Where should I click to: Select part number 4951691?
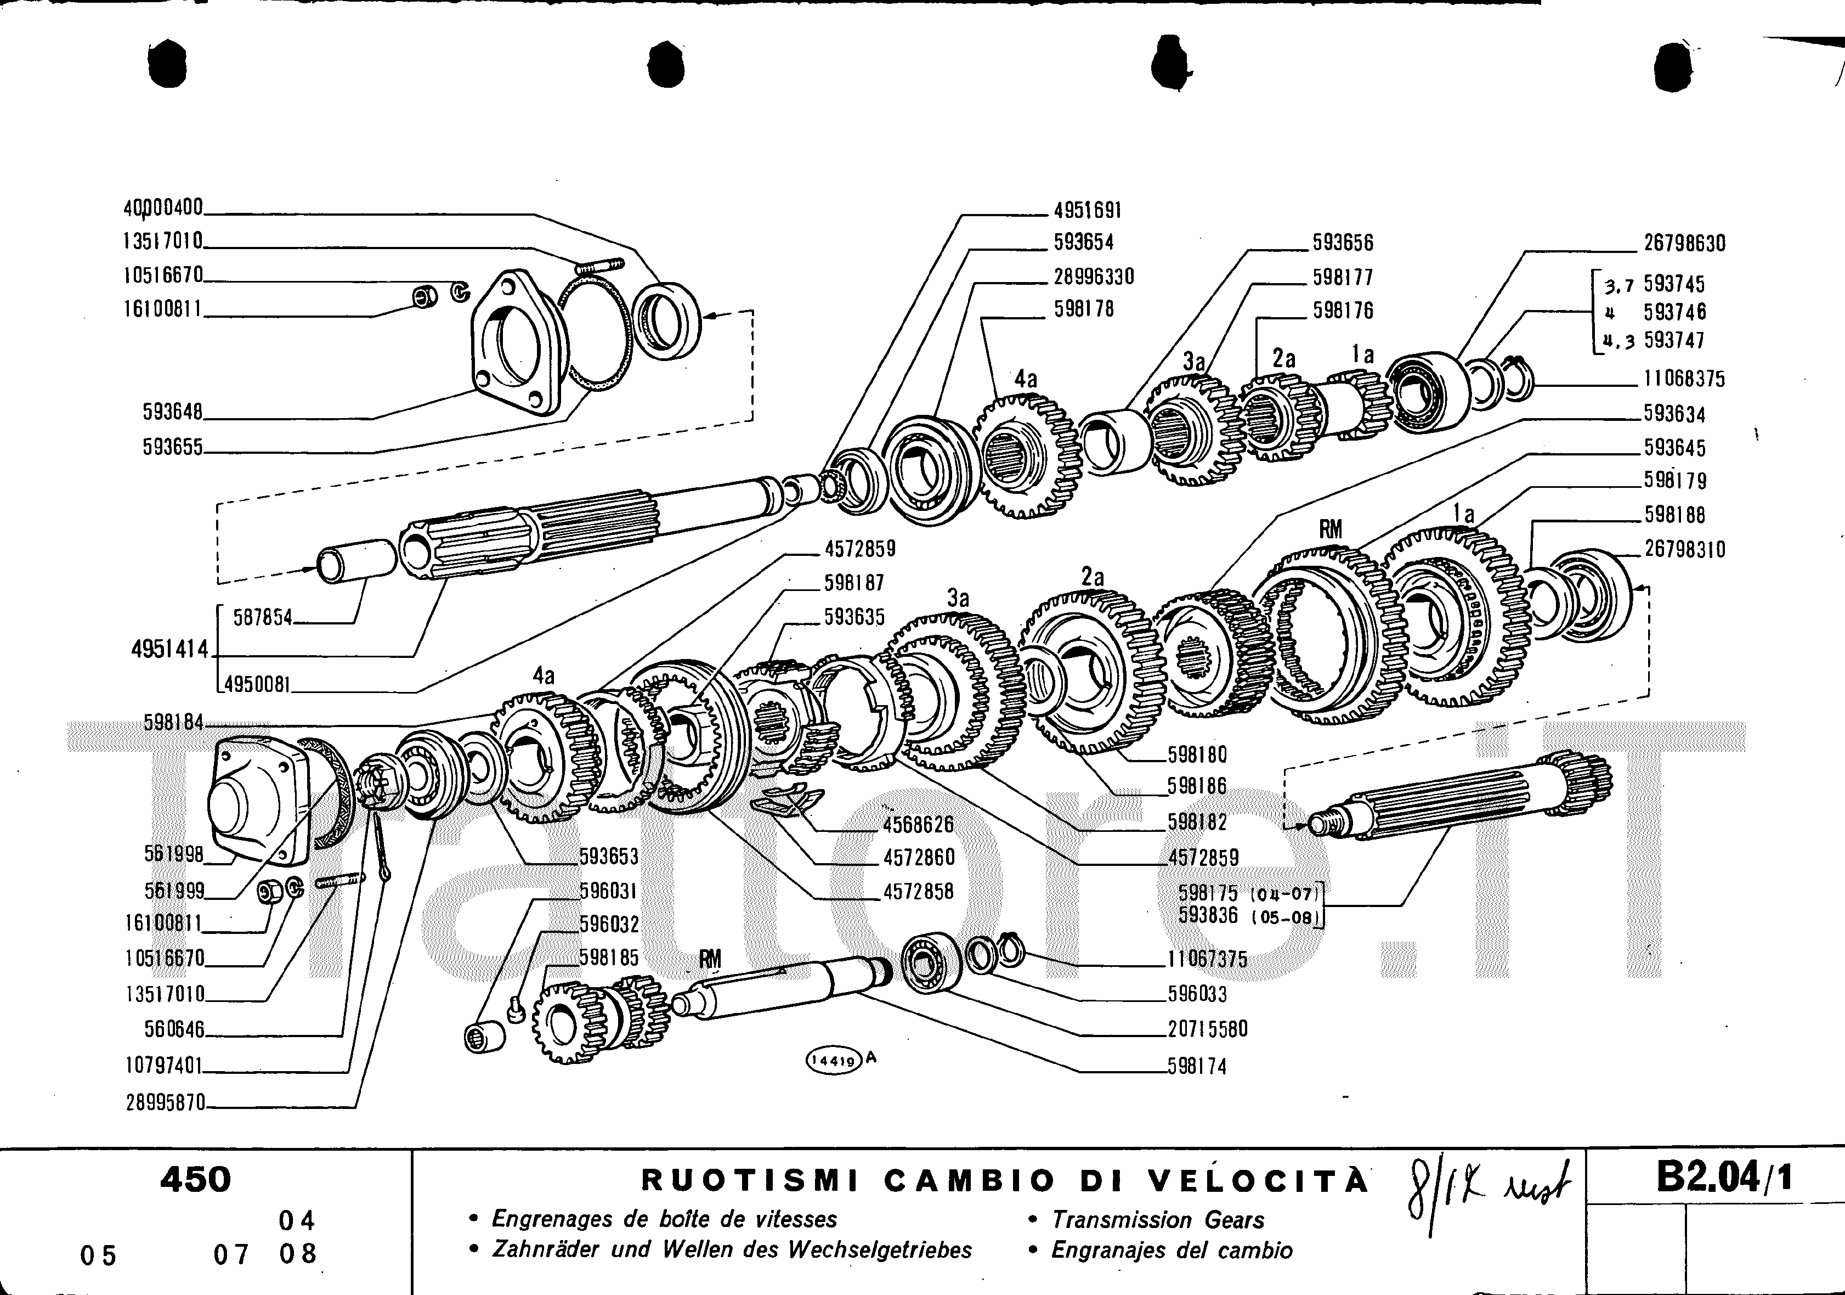click(1087, 211)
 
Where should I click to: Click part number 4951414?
click(169, 650)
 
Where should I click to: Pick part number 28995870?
click(166, 1102)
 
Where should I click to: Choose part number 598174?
click(1197, 1067)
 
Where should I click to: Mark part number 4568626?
click(919, 824)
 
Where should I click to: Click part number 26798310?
click(1684, 550)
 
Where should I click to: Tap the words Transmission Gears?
click(1158, 1220)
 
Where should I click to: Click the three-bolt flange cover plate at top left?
click(514, 346)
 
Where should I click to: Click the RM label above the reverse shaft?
click(710, 959)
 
